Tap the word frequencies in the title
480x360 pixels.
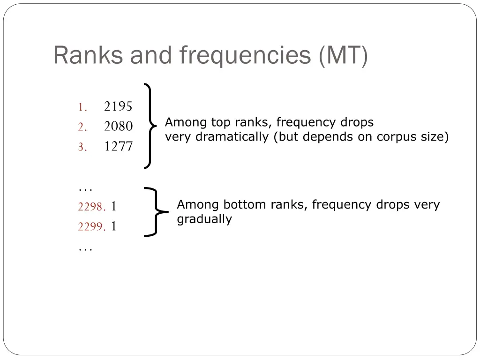click(x=245, y=55)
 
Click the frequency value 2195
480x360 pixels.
click(x=118, y=107)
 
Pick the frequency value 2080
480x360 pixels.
click(x=118, y=127)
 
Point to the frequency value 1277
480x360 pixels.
click(x=118, y=147)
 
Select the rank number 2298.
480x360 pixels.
click(x=91, y=207)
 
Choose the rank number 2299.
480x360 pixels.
click(x=91, y=227)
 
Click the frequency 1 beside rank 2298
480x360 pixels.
click(x=114, y=207)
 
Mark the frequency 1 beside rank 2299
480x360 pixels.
click(x=114, y=227)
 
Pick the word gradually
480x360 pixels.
click(x=204, y=219)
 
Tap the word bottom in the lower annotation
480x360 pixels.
click(x=241, y=205)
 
